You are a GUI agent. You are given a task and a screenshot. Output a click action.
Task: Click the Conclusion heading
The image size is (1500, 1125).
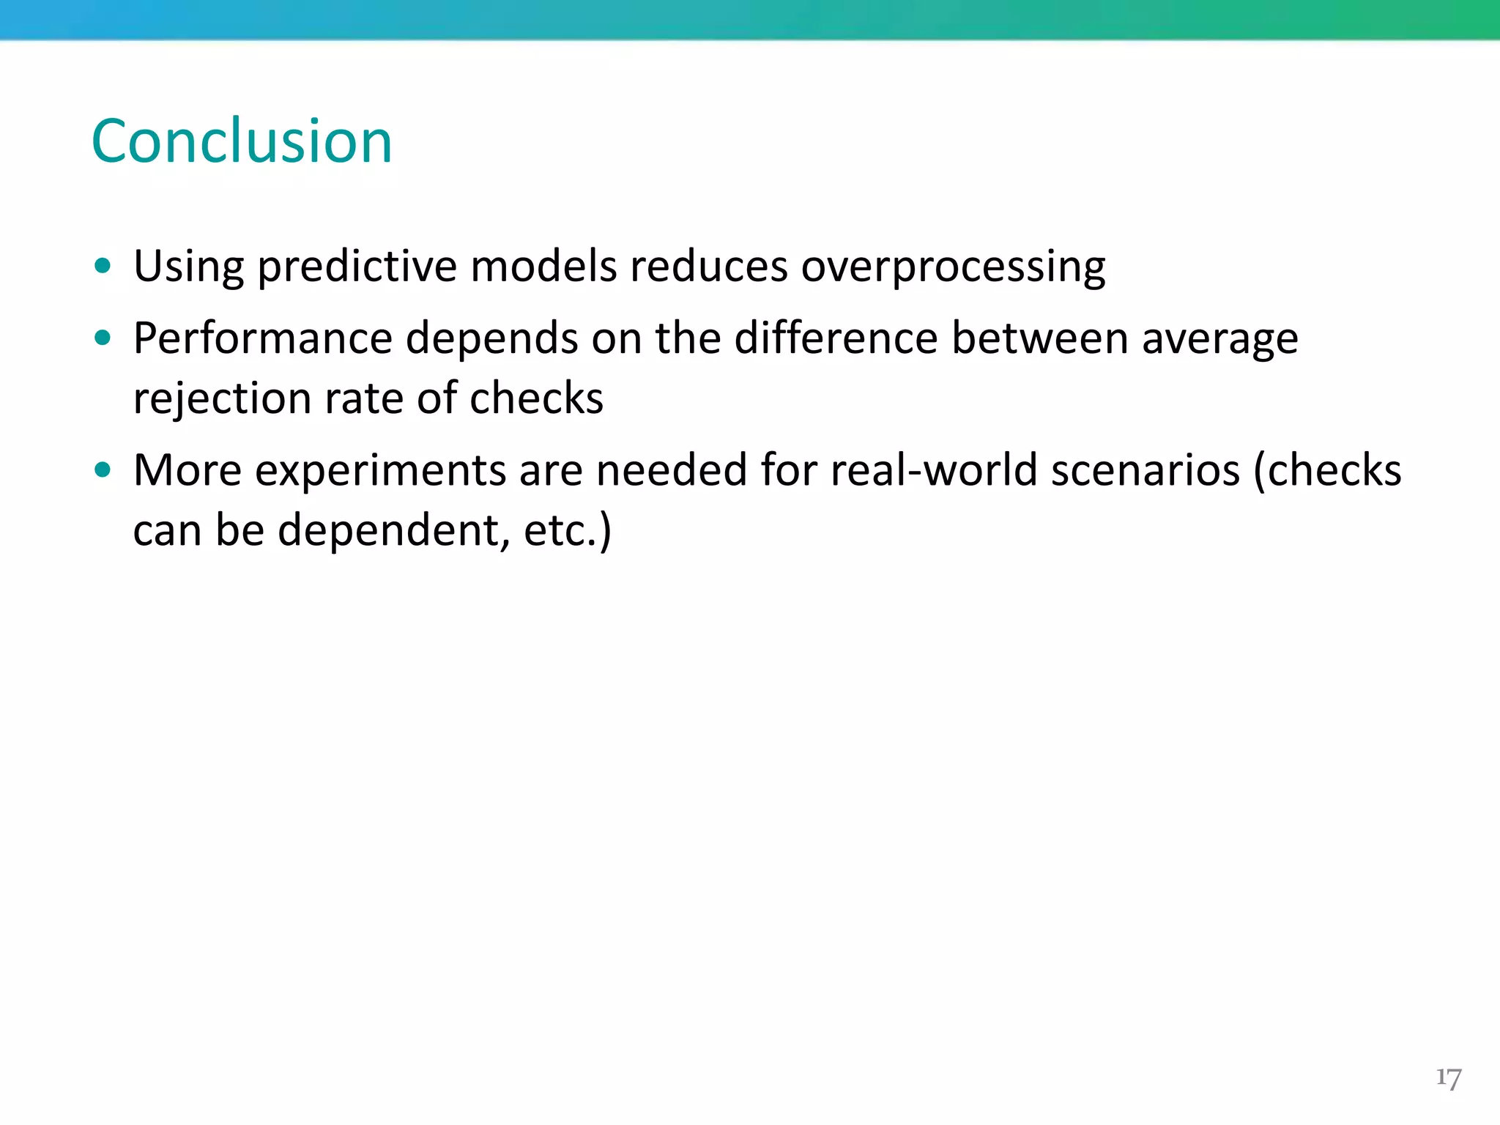tap(242, 141)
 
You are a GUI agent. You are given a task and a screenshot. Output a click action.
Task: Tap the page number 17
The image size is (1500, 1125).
tap(1448, 1078)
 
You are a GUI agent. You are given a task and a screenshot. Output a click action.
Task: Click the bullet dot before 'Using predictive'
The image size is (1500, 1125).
tap(103, 266)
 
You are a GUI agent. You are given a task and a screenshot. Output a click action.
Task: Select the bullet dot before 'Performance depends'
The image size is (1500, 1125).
tap(103, 338)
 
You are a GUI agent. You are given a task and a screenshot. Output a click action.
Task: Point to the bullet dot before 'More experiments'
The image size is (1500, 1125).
tap(103, 469)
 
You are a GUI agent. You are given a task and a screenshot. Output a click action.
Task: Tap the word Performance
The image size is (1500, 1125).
tap(263, 339)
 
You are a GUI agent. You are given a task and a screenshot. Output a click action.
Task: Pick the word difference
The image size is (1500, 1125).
tap(836, 339)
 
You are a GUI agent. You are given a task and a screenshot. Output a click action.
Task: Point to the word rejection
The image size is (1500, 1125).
tap(223, 399)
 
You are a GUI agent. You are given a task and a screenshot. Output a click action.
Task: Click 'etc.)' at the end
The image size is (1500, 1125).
tap(567, 530)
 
